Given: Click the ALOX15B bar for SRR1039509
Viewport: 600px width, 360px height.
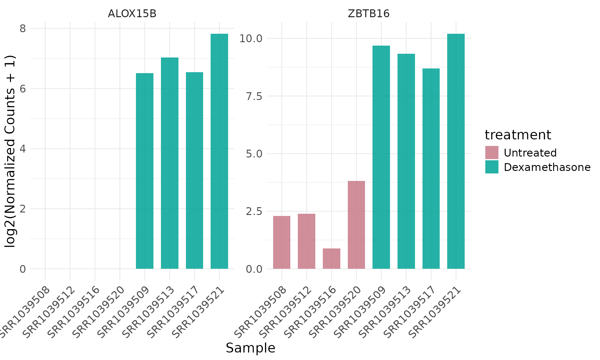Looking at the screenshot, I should pos(145,171).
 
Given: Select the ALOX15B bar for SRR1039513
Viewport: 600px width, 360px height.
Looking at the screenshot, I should pos(170,163).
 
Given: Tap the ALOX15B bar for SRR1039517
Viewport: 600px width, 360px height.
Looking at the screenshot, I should pos(194,170).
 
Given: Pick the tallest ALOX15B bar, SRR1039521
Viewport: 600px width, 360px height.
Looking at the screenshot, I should pos(219,151).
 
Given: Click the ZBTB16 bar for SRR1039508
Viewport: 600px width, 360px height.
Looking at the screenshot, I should pos(282,242).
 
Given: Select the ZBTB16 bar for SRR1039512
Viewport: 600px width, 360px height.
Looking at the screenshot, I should pos(307,241).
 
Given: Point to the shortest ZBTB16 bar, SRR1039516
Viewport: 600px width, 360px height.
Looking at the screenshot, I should pos(331,258).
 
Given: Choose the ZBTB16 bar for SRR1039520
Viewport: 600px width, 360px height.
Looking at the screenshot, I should pos(356,225).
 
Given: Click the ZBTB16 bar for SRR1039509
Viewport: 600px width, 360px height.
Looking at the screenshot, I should pos(381,157).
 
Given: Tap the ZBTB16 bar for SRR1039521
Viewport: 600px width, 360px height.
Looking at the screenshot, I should pos(456,151).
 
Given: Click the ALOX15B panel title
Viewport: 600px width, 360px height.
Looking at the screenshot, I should pos(132,14).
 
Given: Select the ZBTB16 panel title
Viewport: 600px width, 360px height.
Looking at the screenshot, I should pos(369,14).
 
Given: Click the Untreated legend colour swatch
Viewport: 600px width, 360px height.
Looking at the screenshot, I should pos(492,152).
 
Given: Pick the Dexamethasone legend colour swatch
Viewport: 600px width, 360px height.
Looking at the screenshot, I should pos(492,167).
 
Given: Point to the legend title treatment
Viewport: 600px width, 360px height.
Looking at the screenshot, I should pos(517,135).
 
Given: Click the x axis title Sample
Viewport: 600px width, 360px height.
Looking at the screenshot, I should pos(250,348).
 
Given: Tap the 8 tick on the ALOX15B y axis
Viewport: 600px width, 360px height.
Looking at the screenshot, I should pos(23,28).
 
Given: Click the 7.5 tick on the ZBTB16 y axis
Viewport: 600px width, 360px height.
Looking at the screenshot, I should pos(254,96).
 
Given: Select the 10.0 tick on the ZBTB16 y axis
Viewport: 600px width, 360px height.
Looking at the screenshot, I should pos(251,38).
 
